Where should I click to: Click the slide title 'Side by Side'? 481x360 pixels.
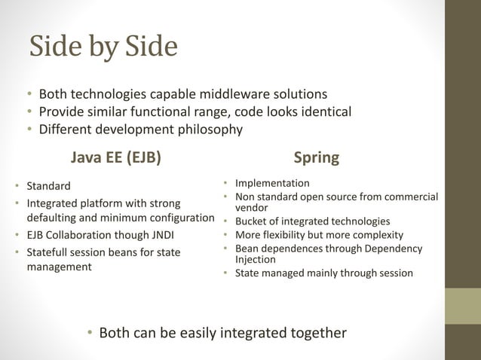click(x=103, y=47)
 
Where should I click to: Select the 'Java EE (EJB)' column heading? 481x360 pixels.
click(x=115, y=157)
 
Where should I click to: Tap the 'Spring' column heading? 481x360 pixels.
click(x=316, y=157)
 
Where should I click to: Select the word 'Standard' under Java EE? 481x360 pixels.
click(x=48, y=185)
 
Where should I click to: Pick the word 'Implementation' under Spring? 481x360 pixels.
click(x=272, y=183)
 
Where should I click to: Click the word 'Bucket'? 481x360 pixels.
click(x=253, y=221)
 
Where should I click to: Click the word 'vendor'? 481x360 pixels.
click(x=252, y=207)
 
